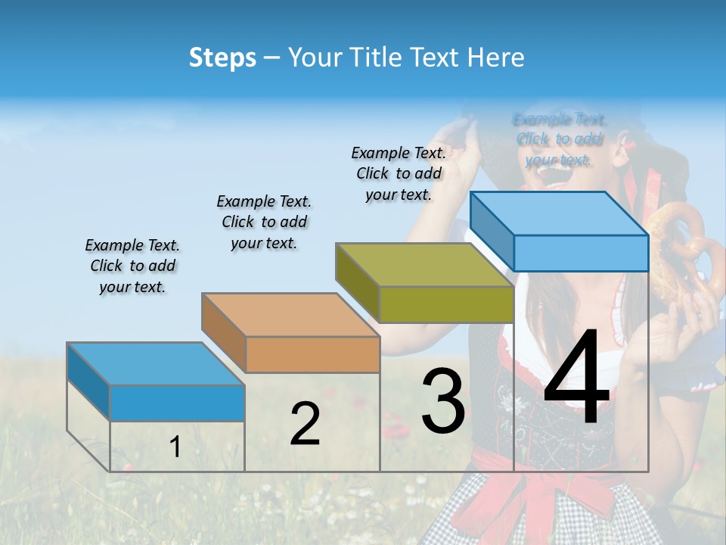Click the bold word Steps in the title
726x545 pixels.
(222, 57)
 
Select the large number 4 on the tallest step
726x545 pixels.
(576, 378)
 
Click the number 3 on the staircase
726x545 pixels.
(442, 401)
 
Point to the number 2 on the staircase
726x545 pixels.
(305, 424)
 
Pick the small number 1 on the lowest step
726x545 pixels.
(175, 447)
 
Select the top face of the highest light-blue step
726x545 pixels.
(560, 213)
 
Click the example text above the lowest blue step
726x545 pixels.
(132, 266)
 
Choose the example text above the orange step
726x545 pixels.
(264, 222)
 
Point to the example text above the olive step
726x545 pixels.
(399, 173)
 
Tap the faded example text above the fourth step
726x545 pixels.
(559, 139)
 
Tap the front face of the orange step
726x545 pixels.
(312, 354)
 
